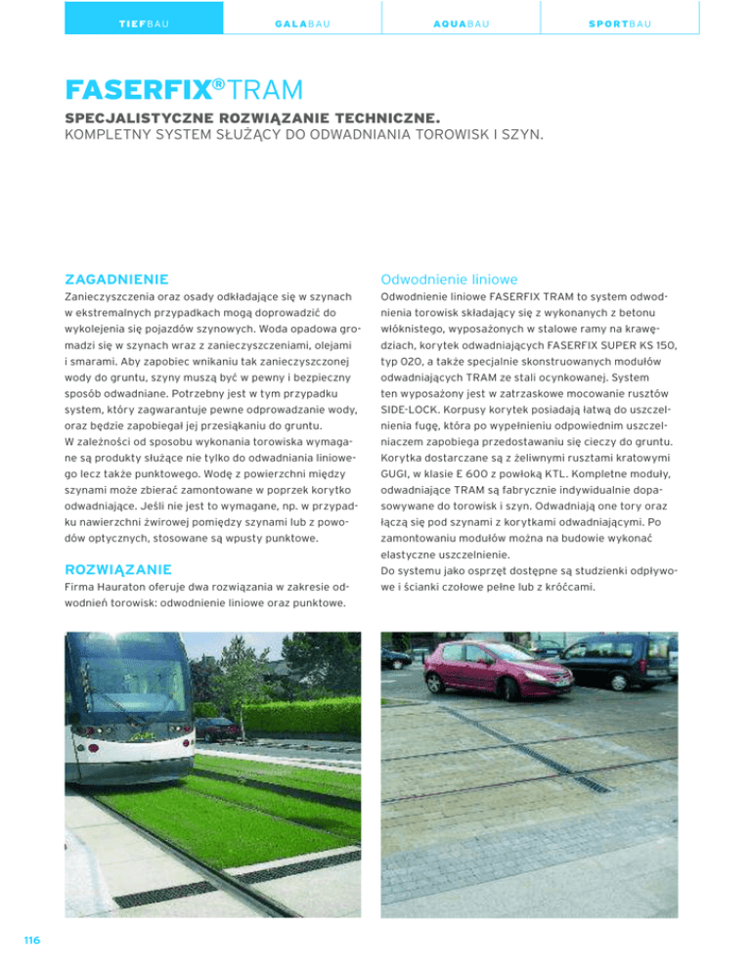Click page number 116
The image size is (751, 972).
[32, 940]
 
